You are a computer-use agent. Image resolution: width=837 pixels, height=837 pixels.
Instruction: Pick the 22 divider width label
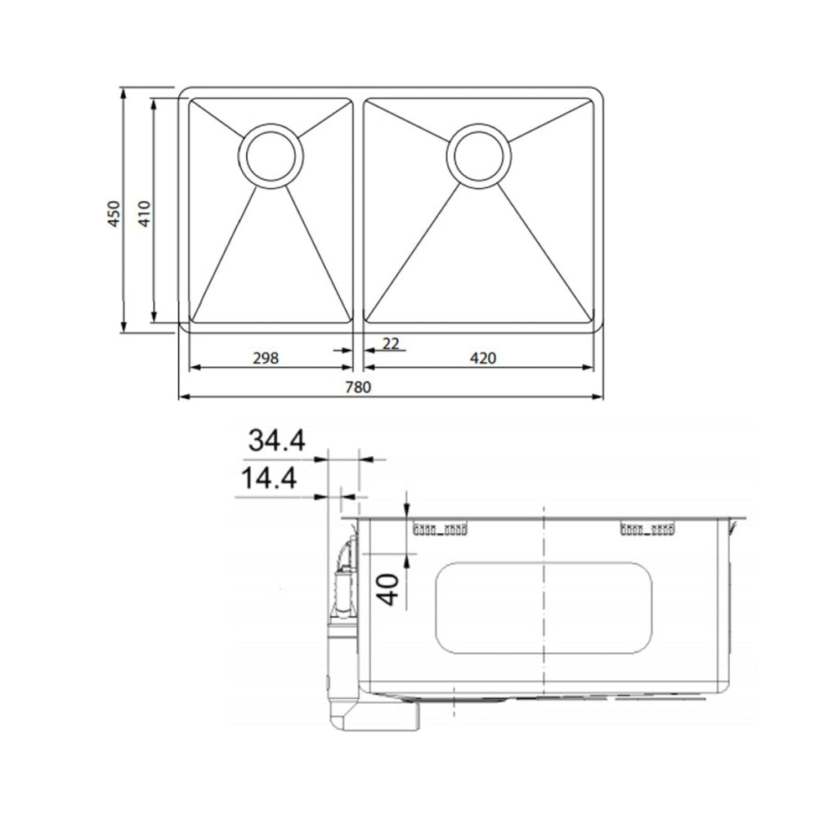tap(391, 344)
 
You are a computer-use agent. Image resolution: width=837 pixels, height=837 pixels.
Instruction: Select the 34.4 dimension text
tap(277, 441)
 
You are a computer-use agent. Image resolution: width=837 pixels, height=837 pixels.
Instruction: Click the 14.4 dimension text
tap(268, 479)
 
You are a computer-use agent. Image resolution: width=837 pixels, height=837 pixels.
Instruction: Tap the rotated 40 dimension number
tap(389, 589)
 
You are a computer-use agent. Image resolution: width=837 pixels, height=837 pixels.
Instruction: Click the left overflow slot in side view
tap(441, 529)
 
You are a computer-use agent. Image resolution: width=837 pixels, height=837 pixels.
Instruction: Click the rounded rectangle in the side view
tap(544, 607)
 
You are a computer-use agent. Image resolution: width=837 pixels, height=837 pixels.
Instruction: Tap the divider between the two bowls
tap(358, 213)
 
